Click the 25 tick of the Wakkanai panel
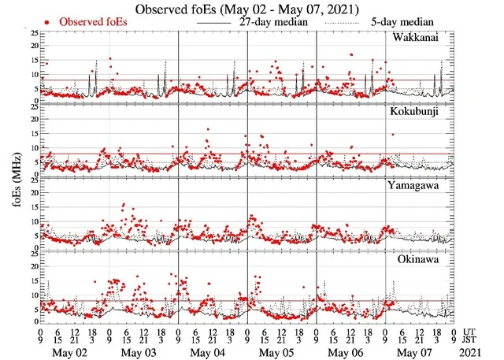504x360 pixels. coord(31,35)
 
